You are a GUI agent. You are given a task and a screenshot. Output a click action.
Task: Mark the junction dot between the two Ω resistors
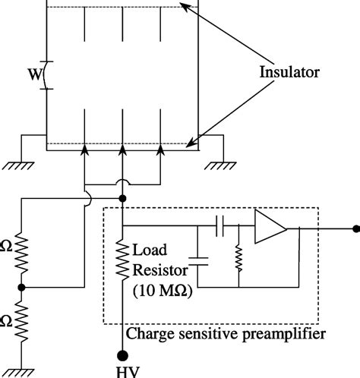tap(23, 288)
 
